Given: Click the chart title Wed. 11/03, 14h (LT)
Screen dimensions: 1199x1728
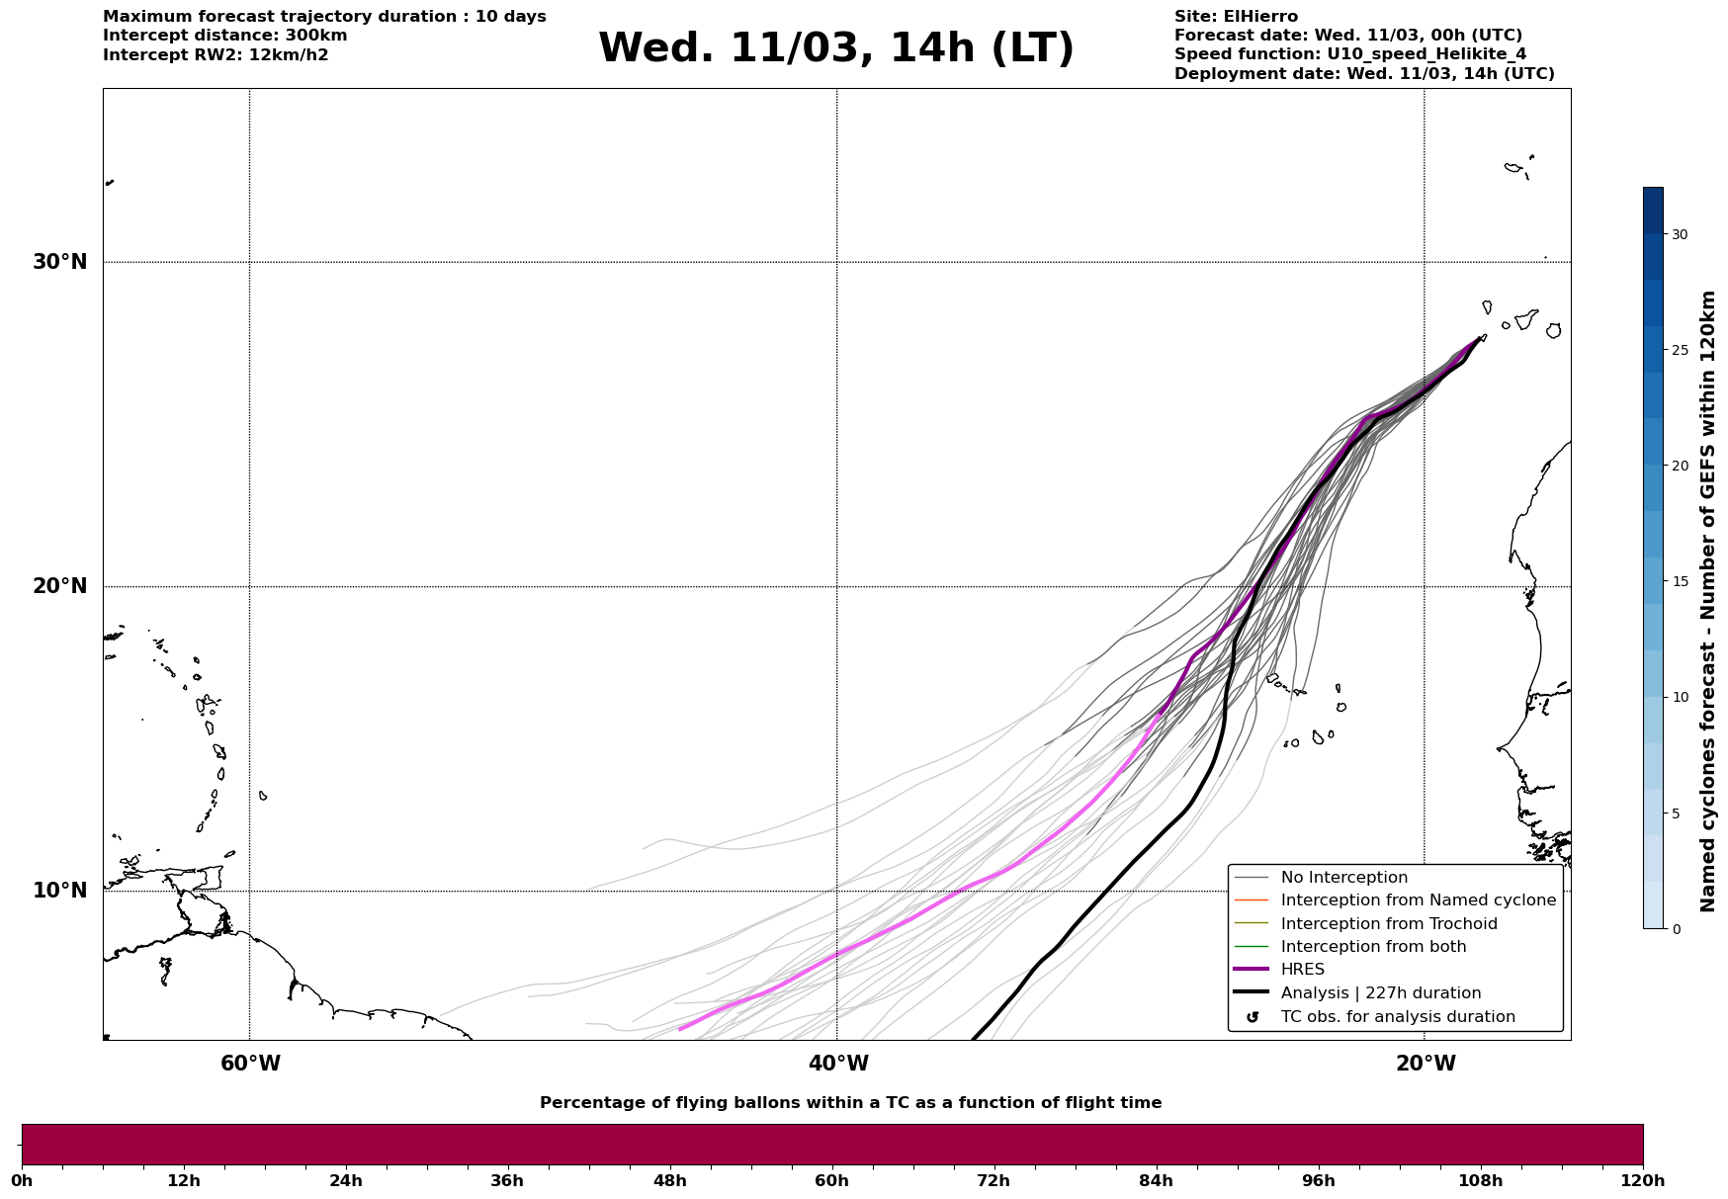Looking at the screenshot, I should [x=835, y=48].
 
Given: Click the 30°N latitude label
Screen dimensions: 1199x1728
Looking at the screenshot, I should [x=59, y=262].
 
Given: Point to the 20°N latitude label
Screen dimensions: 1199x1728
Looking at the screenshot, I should [x=59, y=586].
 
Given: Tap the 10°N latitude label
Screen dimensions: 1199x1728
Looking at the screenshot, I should [x=59, y=891].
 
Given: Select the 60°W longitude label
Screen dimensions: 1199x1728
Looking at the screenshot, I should [x=250, y=1064].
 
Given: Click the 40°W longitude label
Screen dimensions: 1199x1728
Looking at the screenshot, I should [x=838, y=1064].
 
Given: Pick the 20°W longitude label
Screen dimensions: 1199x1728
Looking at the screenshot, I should [x=1426, y=1064].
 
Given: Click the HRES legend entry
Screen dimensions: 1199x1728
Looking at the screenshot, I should [x=1302, y=970].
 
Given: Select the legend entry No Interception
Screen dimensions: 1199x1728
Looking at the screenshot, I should [x=1343, y=878].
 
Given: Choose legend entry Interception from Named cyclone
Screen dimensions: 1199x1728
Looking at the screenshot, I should [x=1418, y=900].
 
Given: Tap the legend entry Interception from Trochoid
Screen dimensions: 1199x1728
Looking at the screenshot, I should [x=1388, y=924].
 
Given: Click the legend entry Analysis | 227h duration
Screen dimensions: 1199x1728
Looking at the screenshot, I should [x=1380, y=993].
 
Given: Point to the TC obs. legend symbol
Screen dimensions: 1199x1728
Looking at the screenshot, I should [x=1253, y=1017].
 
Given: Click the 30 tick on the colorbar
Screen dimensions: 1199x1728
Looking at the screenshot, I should [x=1680, y=234].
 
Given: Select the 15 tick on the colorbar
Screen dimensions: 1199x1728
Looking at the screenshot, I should [x=1680, y=581].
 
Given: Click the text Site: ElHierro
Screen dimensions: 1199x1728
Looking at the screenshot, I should [x=1236, y=17].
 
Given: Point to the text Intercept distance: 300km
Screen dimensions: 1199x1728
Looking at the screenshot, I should [x=224, y=36].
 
